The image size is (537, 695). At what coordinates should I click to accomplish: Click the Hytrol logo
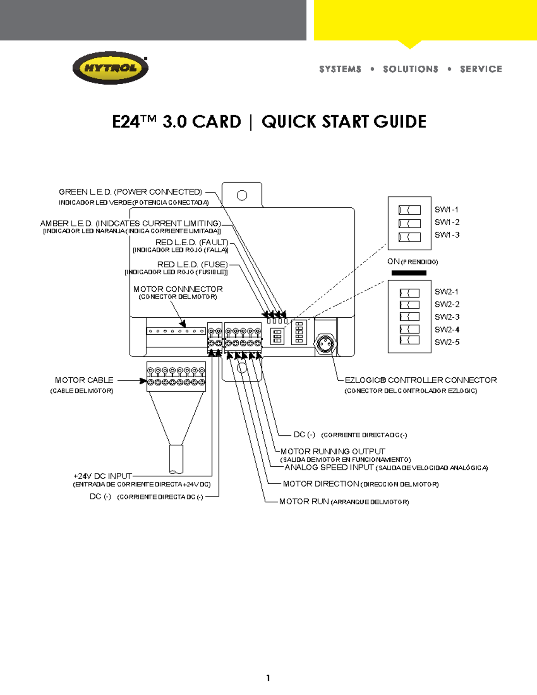[x=110, y=68]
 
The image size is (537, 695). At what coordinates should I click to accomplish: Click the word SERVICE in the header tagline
[x=481, y=69]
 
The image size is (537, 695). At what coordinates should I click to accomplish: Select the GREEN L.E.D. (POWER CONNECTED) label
[x=130, y=192]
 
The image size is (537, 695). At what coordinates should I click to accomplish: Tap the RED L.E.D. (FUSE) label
[x=192, y=264]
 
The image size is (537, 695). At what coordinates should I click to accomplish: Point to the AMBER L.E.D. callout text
[x=130, y=223]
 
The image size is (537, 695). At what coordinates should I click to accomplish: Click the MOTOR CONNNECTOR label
[x=178, y=289]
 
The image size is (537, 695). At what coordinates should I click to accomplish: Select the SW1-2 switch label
[x=447, y=222]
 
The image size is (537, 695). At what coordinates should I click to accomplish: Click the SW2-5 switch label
[x=447, y=342]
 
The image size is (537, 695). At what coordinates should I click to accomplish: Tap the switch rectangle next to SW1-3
[x=409, y=237]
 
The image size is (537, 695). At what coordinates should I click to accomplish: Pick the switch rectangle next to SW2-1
[x=409, y=293]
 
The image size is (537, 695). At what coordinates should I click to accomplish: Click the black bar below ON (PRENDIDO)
[x=409, y=273]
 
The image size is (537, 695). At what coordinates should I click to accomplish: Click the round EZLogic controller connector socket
[x=325, y=344]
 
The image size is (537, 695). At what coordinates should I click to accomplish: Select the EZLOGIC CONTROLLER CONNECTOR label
[x=420, y=380]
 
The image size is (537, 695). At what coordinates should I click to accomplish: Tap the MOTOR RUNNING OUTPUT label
[x=332, y=452]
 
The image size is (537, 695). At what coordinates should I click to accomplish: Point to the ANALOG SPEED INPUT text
[x=329, y=467]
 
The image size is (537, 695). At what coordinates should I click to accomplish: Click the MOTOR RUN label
[x=304, y=502]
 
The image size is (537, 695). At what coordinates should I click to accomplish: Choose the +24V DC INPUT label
[x=102, y=476]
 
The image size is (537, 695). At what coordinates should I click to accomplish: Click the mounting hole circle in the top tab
[x=242, y=196]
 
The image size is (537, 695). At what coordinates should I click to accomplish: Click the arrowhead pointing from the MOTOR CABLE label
[x=143, y=381]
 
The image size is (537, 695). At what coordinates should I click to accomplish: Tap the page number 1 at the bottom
[x=268, y=678]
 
